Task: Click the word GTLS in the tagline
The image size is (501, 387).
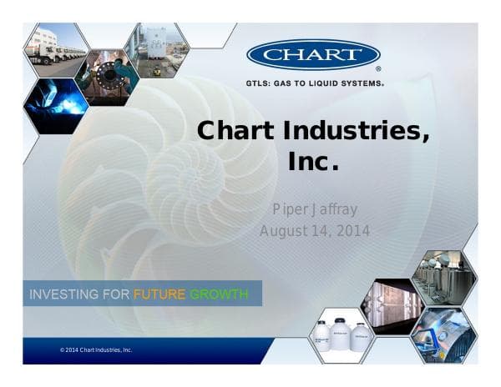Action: (x=258, y=83)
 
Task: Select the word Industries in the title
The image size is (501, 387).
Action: (x=352, y=131)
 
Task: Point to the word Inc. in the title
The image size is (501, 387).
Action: (x=313, y=162)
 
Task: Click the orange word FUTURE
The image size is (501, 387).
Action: (x=159, y=294)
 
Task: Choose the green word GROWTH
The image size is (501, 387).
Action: (x=219, y=294)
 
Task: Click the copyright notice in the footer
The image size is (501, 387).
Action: (x=96, y=350)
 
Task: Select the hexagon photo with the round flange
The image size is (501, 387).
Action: (x=106, y=78)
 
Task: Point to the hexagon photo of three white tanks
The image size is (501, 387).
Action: (x=342, y=335)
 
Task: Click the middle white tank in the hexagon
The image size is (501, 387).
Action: (x=342, y=333)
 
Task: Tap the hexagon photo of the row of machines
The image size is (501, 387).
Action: (x=443, y=276)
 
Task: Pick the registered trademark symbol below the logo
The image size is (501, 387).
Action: (x=378, y=70)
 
